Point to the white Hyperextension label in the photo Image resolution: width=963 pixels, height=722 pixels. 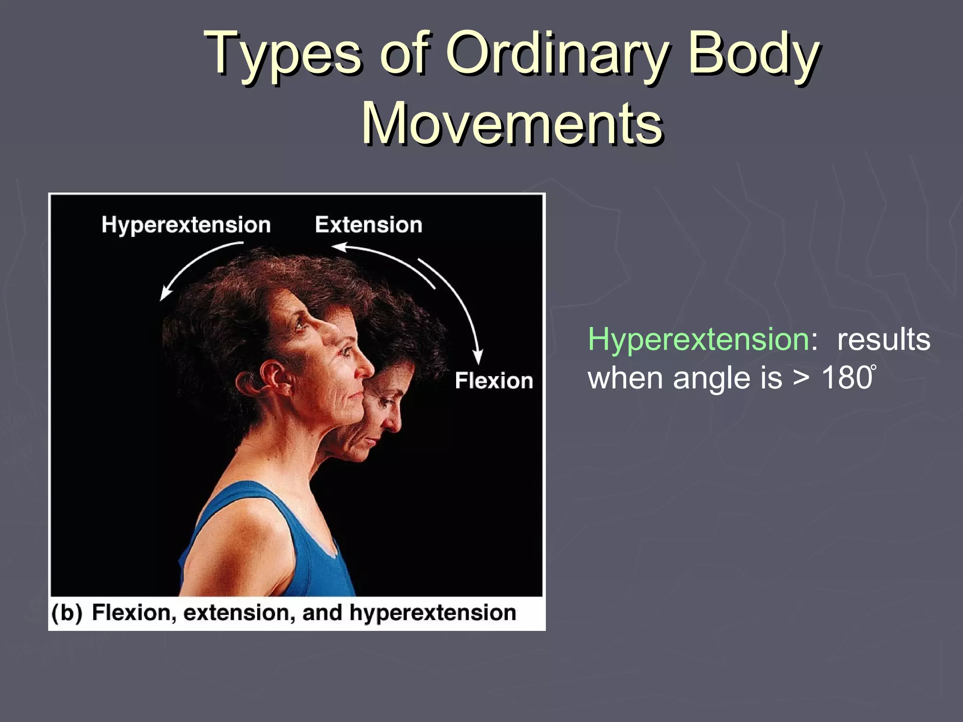(186, 225)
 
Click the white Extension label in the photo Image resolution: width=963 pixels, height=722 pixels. (369, 225)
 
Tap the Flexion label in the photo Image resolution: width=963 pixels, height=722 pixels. (494, 380)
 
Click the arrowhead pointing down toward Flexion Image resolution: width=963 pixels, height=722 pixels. (478, 358)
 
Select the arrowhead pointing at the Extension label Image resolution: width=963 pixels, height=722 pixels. (338, 247)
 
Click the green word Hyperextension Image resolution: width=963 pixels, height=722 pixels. (698, 339)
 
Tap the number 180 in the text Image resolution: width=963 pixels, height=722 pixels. (846, 377)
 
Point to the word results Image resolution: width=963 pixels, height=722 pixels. (883, 339)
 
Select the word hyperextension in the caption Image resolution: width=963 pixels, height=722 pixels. (433, 613)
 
